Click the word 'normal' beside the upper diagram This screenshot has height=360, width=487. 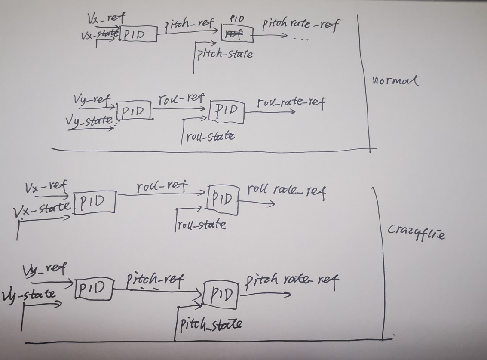click(395, 80)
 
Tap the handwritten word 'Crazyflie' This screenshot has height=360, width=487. click(416, 233)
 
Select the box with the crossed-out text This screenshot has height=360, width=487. click(237, 34)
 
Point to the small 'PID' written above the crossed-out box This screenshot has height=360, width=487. click(237, 19)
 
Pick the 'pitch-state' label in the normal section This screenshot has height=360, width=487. click(225, 54)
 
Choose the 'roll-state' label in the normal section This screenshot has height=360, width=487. click(210, 137)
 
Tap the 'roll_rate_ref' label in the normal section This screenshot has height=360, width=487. click(291, 103)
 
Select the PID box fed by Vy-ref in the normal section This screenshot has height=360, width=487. click(134, 111)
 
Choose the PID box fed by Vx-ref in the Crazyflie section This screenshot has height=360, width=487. click(95, 202)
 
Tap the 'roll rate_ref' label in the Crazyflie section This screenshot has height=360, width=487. click(286, 191)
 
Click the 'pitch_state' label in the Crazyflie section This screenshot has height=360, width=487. click(211, 323)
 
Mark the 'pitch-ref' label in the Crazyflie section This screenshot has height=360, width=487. click(155, 281)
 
